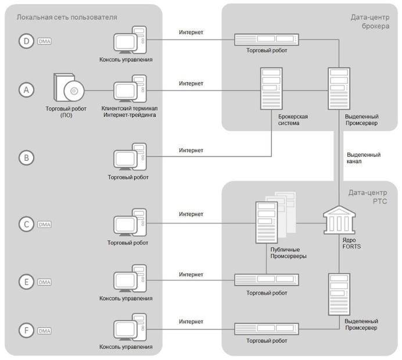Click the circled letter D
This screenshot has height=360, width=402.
[x=26, y=41]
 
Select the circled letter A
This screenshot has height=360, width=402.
[x=26, y=90]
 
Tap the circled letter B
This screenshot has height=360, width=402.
[x=26, y=157]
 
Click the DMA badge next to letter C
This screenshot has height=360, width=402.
[x=44, y=225]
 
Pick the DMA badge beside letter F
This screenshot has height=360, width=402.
[x=44, y=331]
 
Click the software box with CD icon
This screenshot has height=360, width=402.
[x=69, y=88]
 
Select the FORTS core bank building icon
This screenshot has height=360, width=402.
[x=339, y=220]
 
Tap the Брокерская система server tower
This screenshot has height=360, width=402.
[x=271, y=88]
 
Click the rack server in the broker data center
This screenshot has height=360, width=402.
[x=267, y=39]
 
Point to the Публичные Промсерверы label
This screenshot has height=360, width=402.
[x=288, y=253]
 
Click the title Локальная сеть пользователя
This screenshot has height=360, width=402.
[x=67, y=17]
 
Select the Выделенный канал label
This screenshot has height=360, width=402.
[x=364, y=158]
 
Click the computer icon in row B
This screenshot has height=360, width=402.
[x=130, y=157]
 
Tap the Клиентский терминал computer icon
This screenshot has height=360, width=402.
[x=130, y=88]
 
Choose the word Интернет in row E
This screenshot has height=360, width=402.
[x=191, y=275]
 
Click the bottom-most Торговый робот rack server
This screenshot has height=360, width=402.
[x=267, y=329]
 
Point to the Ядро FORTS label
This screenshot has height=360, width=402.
[x=351, y=243]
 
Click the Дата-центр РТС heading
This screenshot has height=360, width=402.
[x=368, y=197]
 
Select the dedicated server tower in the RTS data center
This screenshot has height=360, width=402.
[x=339, y=294]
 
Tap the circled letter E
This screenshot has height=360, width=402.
[x=26, y=282]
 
